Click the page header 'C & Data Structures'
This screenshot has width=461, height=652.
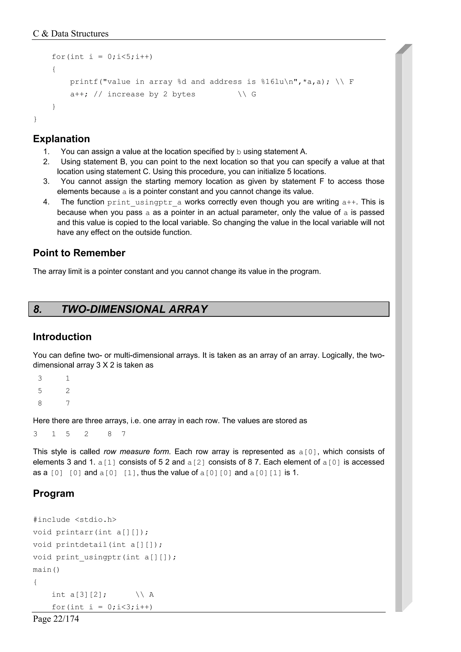click(70, 34)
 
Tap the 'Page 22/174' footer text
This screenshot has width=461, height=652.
click(56, 618)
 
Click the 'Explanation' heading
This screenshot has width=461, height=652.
click(61, 139)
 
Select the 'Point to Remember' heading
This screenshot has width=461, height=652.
click(79, 253)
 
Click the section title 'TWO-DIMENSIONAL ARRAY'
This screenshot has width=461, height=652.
click(134, 309)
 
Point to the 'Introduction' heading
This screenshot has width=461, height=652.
click(62, 337)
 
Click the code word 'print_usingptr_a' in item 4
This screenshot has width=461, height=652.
click(144, 202)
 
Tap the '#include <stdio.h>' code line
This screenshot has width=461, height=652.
click(75, 519)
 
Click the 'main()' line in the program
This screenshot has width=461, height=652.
click(46, 569)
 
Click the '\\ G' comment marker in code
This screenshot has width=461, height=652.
click(247, 94)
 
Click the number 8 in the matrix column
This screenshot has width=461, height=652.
click(40, 403)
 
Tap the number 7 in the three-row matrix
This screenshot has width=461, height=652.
click(68, 403)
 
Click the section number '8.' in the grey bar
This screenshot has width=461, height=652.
click(38, 309)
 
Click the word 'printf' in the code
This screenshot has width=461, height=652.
click(84, 82)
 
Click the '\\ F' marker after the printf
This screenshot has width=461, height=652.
click(344, 82)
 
